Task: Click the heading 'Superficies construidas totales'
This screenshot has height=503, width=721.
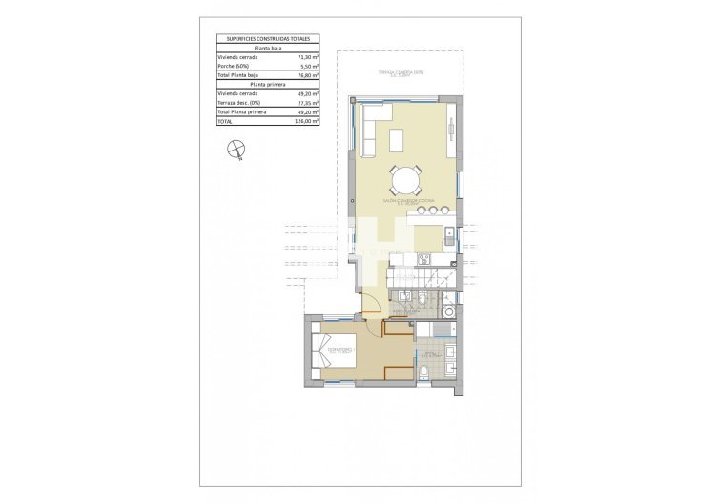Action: point(268,39)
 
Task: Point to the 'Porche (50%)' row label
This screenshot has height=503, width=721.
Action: point(234,67)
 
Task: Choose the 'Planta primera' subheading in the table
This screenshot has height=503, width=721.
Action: point(268,85)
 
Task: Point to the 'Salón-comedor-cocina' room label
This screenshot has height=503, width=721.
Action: point(407,201)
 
